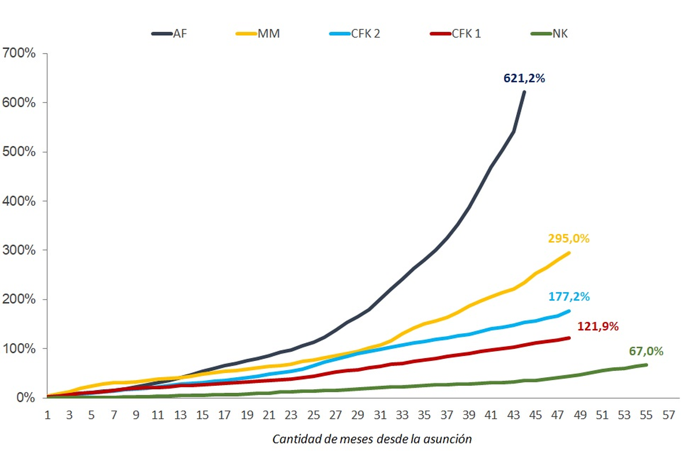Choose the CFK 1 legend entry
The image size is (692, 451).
(456, 34)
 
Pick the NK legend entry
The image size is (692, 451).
(548, 34)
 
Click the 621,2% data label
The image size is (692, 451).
(524, 78)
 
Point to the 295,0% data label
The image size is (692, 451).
(569, 238)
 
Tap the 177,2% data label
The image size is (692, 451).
(569, 297)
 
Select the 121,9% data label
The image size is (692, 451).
(597, 326)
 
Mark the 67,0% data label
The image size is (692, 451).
(646, 351)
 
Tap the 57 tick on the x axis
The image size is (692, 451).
(669, 414)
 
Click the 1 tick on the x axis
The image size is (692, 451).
(48, 414)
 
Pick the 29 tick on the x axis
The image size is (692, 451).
(358, 414)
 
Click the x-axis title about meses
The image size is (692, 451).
(372, 439)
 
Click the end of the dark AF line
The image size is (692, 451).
(524, 92)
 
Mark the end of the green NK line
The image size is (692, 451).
(646, 364)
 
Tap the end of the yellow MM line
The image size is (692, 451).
(569, 253)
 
